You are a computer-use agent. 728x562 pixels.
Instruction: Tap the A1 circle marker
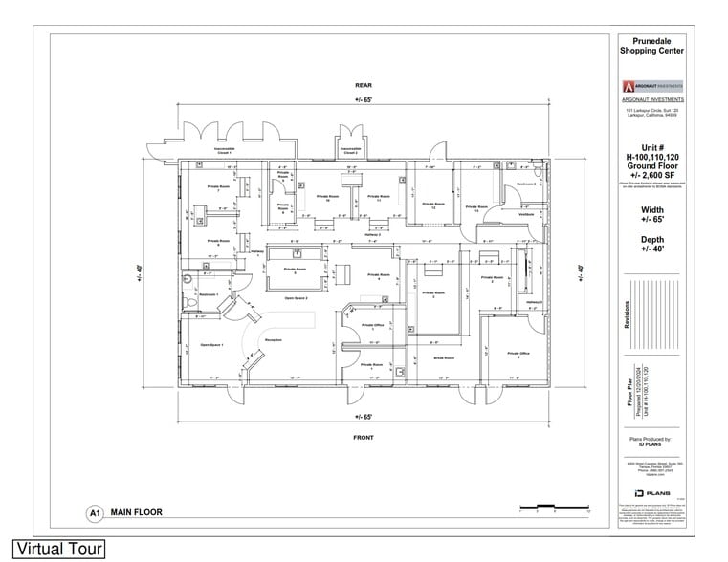pos(95,513)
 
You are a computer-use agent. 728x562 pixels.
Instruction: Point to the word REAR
pos(362,85)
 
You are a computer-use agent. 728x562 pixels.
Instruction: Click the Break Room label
pos(443,358)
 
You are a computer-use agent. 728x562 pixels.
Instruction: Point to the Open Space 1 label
pos(210,345)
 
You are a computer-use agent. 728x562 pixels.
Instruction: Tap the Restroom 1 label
pos(209,293)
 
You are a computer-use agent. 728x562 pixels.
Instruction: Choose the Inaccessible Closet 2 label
pos(348,150)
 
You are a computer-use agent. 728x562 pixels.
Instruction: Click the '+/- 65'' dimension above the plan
pos(362,99)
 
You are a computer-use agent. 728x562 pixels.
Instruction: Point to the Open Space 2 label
pos(295,298)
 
